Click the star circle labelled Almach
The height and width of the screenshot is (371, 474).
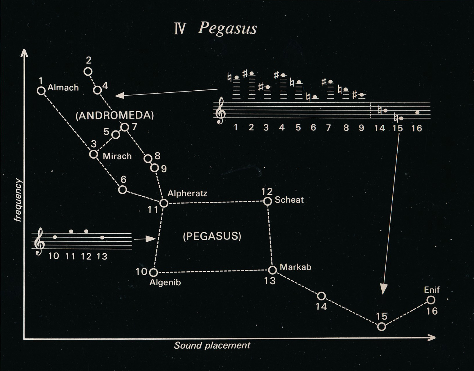tap(41, 91)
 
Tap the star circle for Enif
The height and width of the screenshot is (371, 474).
tap(431, 300)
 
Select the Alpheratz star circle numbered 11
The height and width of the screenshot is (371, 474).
tap(164, 203)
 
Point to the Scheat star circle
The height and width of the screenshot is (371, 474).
tap(267, 201)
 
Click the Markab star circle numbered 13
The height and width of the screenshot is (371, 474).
tap(272, 270)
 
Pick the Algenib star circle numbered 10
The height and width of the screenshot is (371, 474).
tap(153, 273)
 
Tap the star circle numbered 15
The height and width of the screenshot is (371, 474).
tap(382, 327)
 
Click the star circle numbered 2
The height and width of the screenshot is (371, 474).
tap(88, 71)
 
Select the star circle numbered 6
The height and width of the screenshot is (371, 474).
tap(123, 190)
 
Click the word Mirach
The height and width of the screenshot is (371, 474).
tap(117, 156)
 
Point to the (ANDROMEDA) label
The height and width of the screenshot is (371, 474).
tap(114, 116)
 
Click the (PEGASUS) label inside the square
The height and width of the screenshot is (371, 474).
tap(212, 236)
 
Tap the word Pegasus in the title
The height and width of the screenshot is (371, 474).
tap(227, 28)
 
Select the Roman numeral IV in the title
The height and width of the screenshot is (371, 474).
tap(180, 29)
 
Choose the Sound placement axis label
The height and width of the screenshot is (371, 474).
tap(212, 345)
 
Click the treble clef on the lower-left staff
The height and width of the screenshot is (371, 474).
tap(39, 241)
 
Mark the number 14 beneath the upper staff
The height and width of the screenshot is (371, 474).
tap(379, 128)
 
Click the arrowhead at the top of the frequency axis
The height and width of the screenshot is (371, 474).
tap(24, 53)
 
